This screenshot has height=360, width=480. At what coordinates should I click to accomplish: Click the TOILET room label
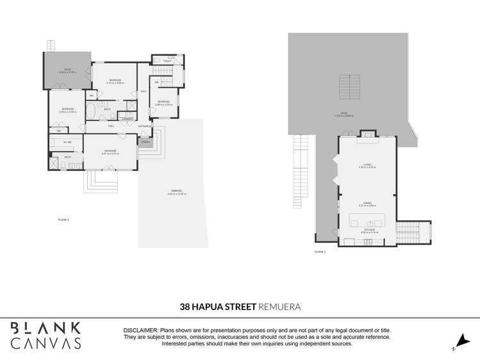pyautogui.click(x=167, y=61)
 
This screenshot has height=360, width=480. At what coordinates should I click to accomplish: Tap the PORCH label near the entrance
pyautogui.click(x=145, y=142)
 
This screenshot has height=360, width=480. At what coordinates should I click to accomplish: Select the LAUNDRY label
pyautogui.click(x=128, y=119)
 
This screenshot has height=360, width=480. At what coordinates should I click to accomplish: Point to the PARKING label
pyautogui.click(x=176, y=191)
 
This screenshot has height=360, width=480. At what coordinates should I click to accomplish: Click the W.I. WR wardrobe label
pyautogui.click(x=66, y=142)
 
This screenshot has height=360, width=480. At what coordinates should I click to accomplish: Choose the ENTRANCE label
pyautogui.click(x=145, y=126)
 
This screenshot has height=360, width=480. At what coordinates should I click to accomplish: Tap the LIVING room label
pyautogui.click(x=368, y=165)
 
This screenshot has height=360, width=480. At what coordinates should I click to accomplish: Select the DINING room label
pyautogui.click(x=368, y=204)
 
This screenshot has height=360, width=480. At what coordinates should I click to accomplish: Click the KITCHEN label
pyautogui.click(x=368, y=229)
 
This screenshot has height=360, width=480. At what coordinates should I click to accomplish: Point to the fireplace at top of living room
pyautogui.click(x=367, y=134)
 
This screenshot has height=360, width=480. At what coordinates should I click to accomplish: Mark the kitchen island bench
pyautogui.click(x=368, y=221)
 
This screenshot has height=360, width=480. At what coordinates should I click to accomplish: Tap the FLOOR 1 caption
pyautogui.click(x=63, y=220)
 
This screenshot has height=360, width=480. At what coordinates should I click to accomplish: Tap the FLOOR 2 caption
pyautogui.click(x=320, y=252)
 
